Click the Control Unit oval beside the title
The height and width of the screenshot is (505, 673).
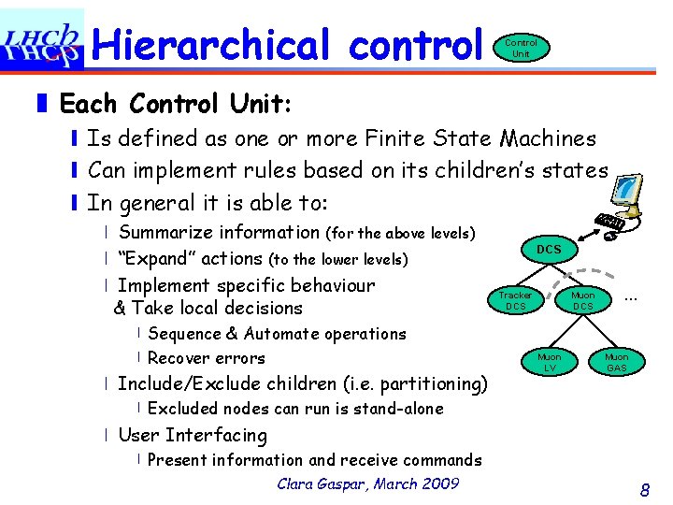point(521,48)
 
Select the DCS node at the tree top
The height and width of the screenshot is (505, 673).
point(549,250)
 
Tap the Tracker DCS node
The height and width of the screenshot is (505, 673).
point(515,300)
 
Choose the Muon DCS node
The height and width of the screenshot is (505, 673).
point(582,300)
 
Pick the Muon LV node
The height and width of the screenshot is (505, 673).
point(549,362)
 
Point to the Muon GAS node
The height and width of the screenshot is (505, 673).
point(616,362)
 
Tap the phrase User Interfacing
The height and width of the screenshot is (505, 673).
point(193,435)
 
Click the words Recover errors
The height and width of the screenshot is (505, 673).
point(207,358)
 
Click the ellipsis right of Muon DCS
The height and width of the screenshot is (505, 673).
point(630,296)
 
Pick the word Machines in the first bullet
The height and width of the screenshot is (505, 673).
point(548,138)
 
